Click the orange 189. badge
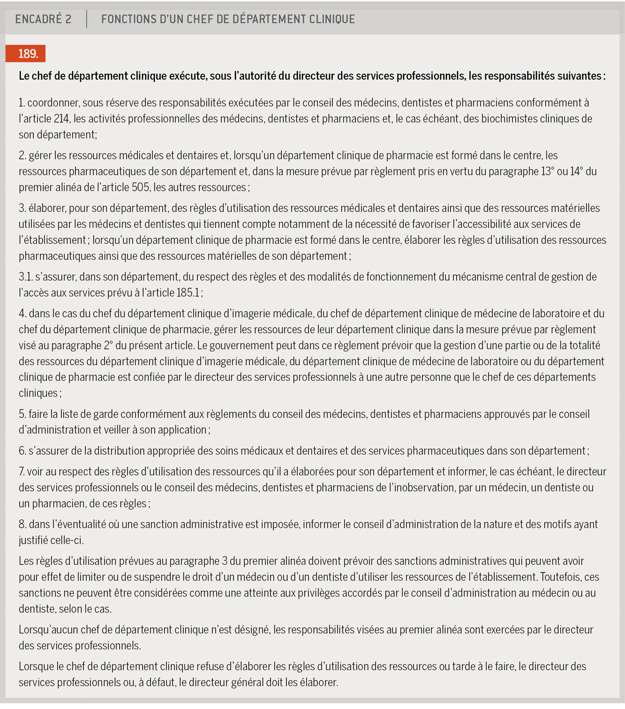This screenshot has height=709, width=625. point(26,54)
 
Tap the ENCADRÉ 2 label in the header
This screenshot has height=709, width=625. point(43,19)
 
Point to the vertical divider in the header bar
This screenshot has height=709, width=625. point(86,19)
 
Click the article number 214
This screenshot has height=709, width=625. point(61,119)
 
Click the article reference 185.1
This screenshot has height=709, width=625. point(188,293)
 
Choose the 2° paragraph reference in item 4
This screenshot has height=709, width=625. point(108,345)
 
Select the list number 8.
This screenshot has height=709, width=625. point(22,525)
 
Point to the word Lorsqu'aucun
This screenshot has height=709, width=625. point(48,630)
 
